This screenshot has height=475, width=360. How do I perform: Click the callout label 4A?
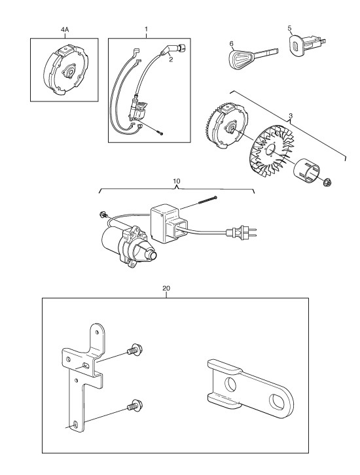click(x=65, y=29)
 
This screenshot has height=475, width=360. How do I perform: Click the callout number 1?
click(x=146, y=29)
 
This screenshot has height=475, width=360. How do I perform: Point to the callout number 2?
click(x=171, y=60)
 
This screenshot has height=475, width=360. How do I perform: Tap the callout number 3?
click(x=291, y=116)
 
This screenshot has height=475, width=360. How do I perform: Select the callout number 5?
click(x=290, y=28)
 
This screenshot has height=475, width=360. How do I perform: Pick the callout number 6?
click(x=232, y=44)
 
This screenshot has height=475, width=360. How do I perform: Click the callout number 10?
click(x=176, y=181)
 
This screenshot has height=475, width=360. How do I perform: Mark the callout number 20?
click(x=166, y=288)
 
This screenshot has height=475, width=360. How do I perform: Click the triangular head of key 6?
click(x=241, y=58)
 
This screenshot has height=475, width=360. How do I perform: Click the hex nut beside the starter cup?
click(x=327, y=182)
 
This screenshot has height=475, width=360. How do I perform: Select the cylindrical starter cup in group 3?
click(x=306, y=171)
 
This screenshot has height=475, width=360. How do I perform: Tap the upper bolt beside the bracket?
click(x=135, y=351)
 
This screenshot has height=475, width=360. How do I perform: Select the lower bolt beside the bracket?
click(x=135, y=406)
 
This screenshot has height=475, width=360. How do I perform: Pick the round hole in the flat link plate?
click(x=230, y=384)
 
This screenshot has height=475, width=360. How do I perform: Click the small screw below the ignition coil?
click(x=160, y=132)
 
